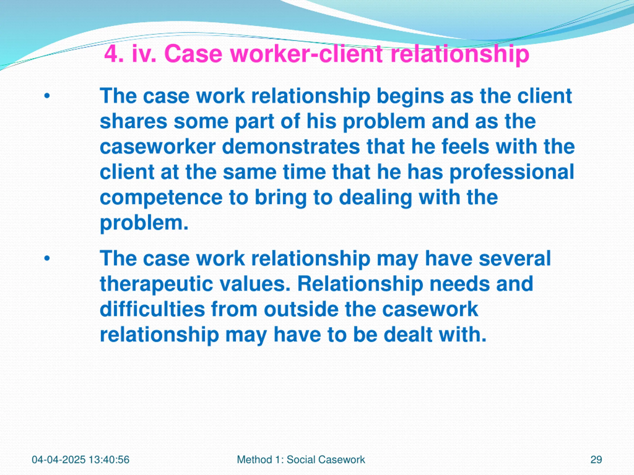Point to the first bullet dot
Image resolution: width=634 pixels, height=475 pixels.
[x=47, y=96]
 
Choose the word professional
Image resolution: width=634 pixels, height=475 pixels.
[x=512, y=172]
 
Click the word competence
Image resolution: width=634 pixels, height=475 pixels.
[x=161, y=198]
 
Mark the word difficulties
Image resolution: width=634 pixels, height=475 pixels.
[x=153, y=309]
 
